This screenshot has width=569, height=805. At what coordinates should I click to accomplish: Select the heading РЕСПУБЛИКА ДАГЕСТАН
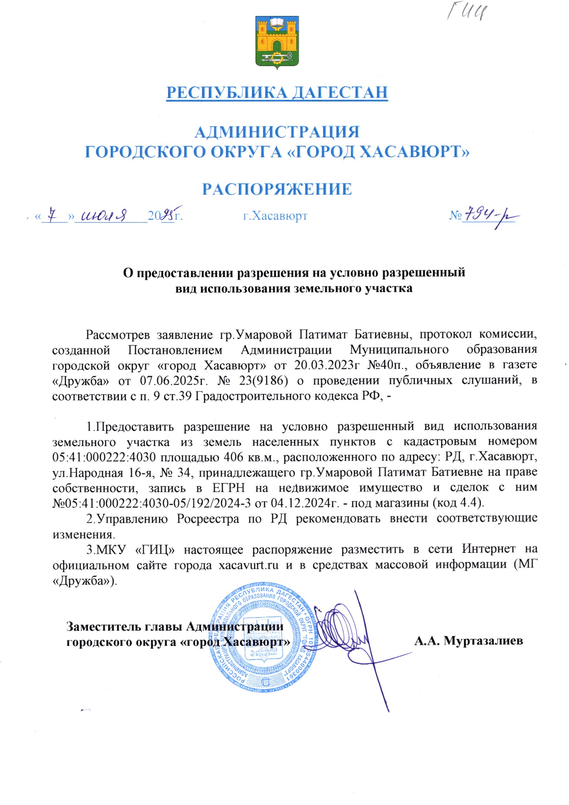tap(277, 92)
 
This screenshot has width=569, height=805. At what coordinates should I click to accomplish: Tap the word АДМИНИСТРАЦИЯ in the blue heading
tap(277, 132)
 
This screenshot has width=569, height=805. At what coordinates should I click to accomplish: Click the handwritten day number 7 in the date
tap(53, 214)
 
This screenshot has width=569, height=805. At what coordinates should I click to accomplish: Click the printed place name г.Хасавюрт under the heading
tap(276, 216)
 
